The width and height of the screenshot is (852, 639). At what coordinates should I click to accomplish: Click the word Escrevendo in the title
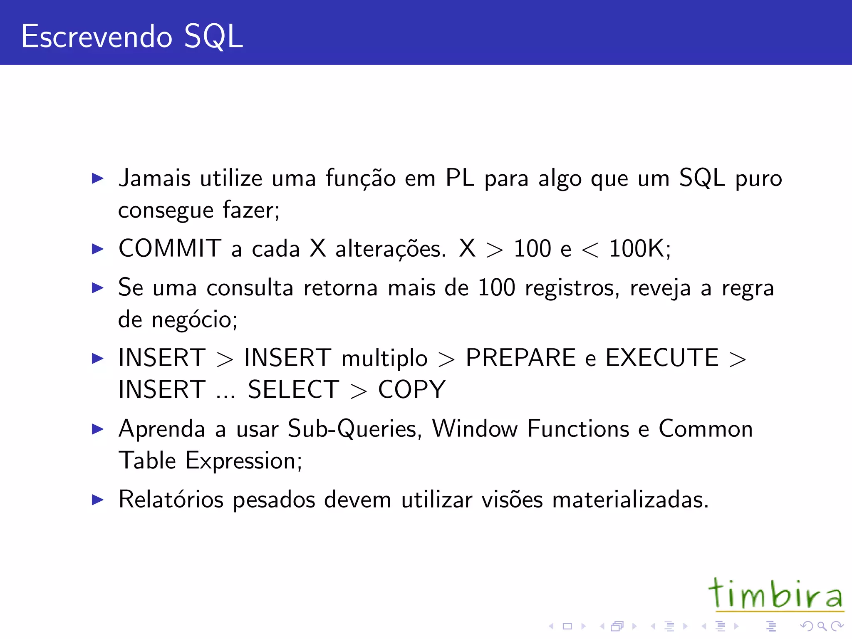click(97, 37)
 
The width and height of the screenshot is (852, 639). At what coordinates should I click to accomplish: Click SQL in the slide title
click(213, 37)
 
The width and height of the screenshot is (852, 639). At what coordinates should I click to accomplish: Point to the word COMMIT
click(170, 248)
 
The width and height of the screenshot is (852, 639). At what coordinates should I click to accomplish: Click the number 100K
click(639, 248)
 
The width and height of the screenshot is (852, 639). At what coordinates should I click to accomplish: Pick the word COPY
click(411, 389)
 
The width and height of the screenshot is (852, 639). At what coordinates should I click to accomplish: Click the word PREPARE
click(520, 358)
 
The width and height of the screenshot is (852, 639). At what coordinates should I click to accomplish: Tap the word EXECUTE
click(662, 358)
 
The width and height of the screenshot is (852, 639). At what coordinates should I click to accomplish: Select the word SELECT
click(294, 389)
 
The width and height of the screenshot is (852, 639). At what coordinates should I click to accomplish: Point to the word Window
click(475, 428)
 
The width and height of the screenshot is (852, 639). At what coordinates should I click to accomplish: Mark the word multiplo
click(384, 359)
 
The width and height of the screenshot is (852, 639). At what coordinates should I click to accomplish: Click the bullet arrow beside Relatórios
click(97, 499)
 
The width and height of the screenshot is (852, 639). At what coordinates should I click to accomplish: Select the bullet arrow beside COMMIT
click(97, 249)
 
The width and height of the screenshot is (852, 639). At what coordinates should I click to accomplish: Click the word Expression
click(243, 461)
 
